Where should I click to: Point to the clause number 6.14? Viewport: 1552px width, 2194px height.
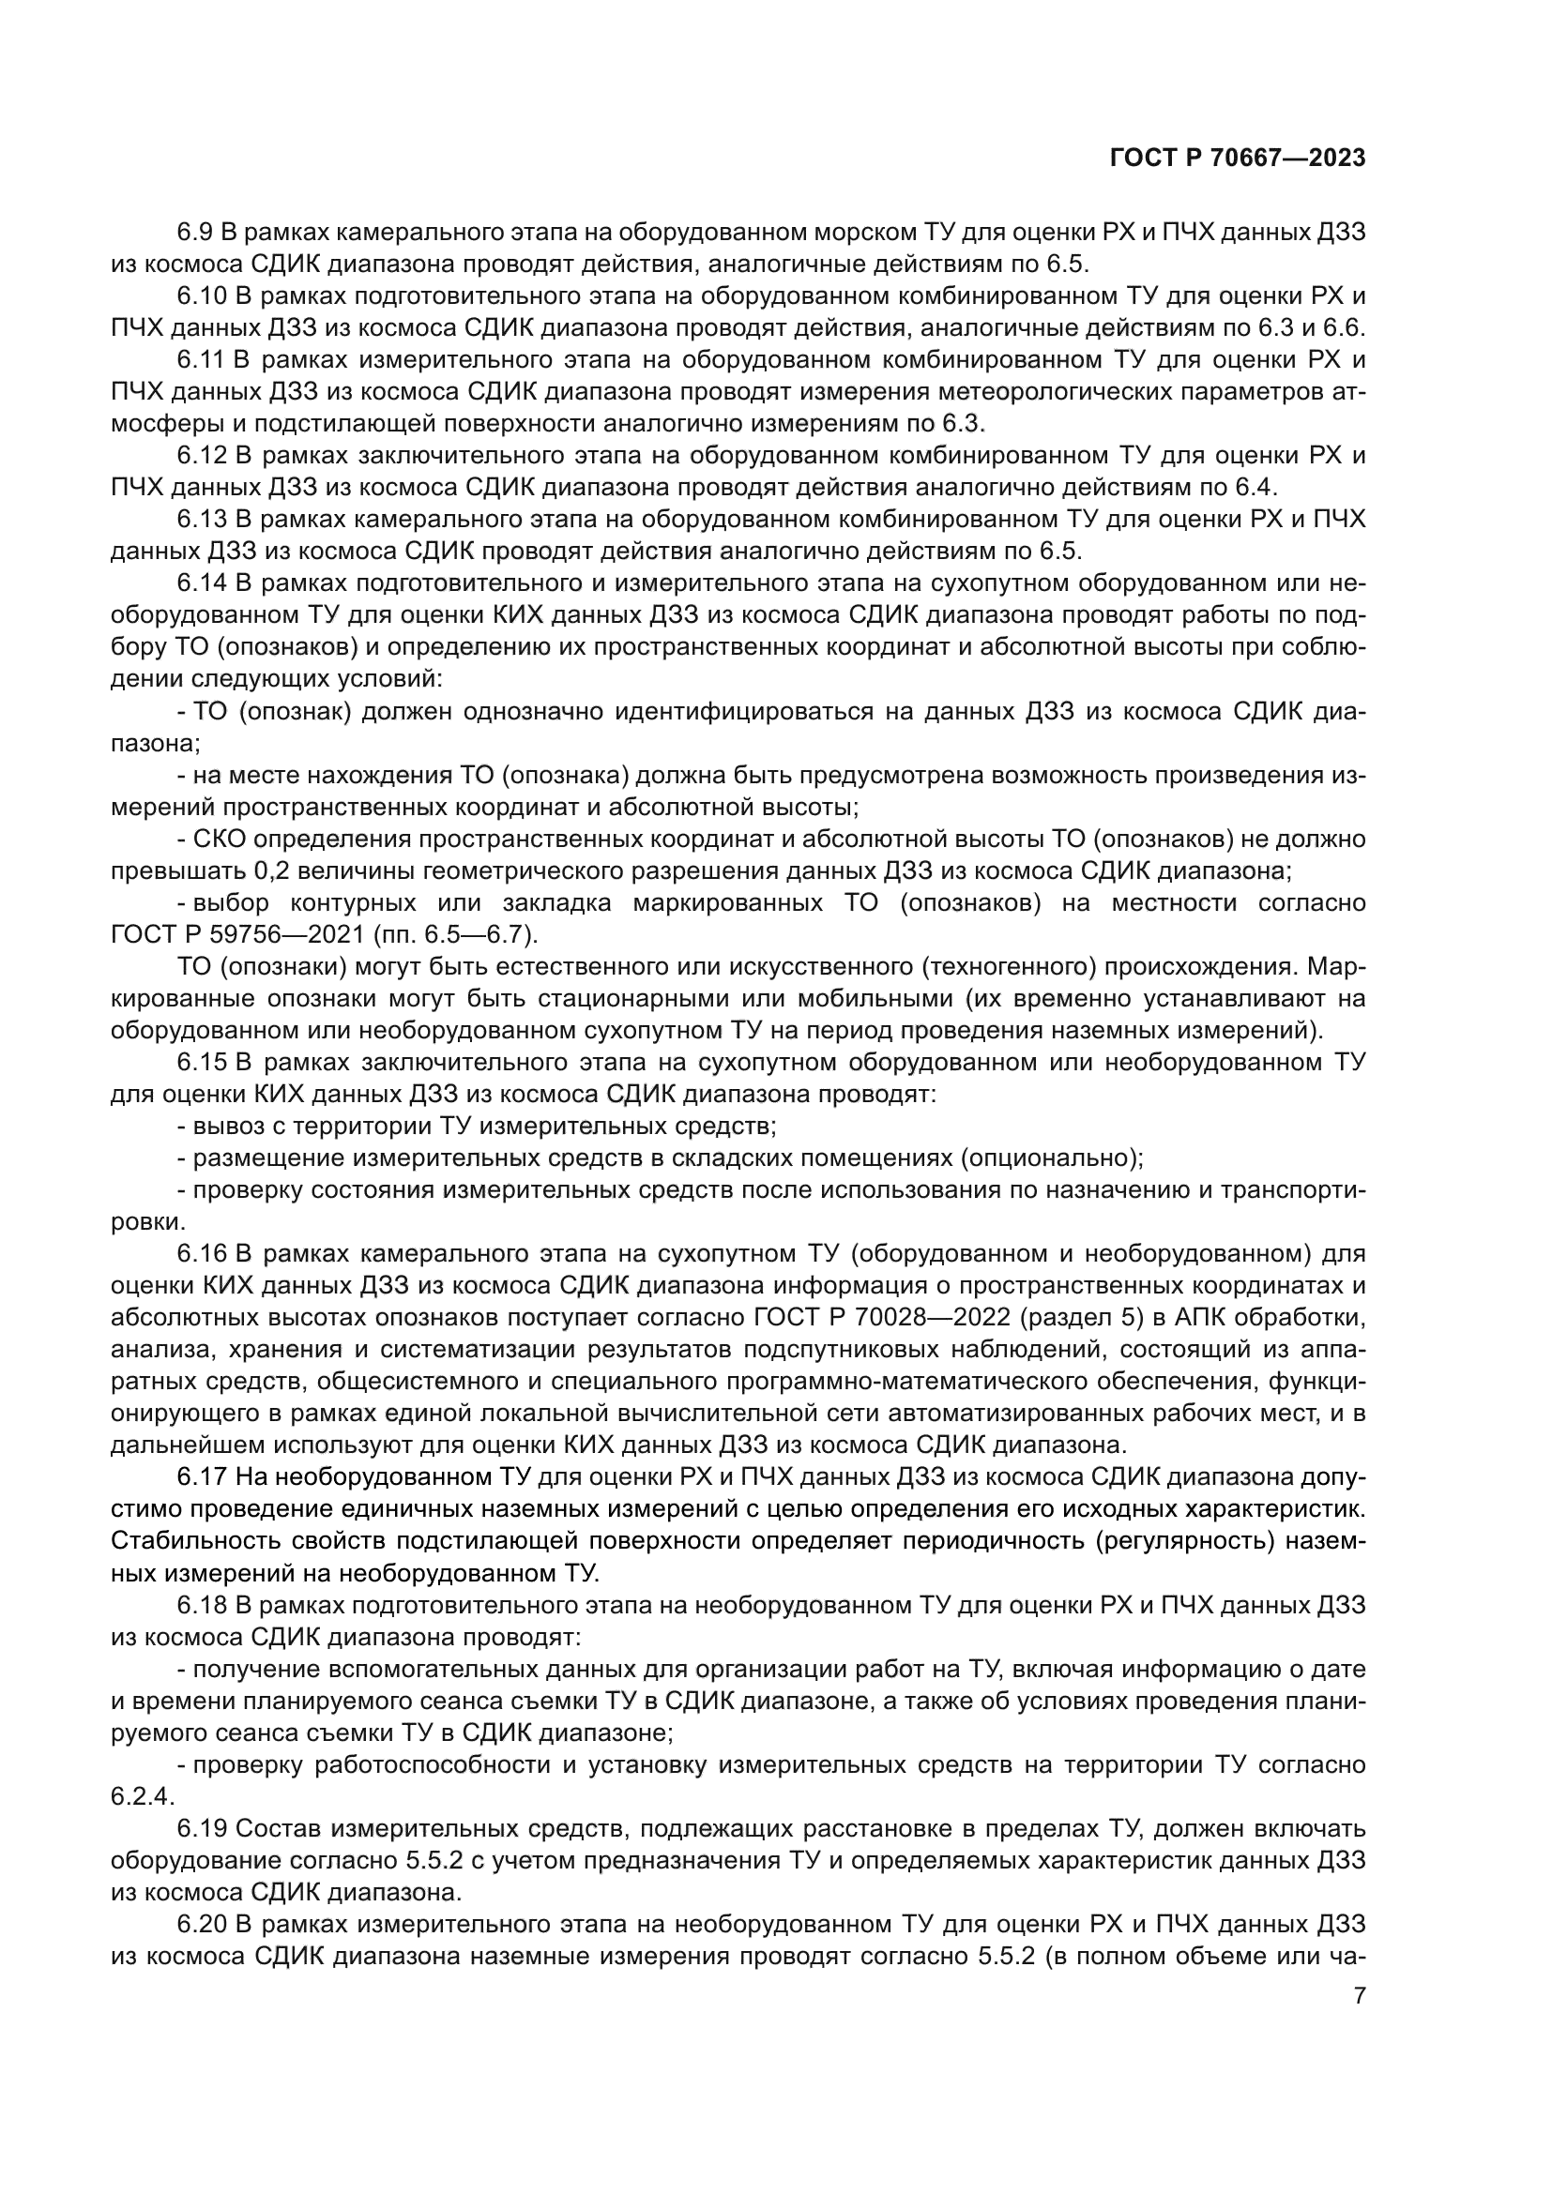(203, 583)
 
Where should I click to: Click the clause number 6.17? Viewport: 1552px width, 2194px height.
(202, 1477)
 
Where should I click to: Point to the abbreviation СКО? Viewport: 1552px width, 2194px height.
(221, 839)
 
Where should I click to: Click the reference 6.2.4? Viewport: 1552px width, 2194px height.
(140, 1796)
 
